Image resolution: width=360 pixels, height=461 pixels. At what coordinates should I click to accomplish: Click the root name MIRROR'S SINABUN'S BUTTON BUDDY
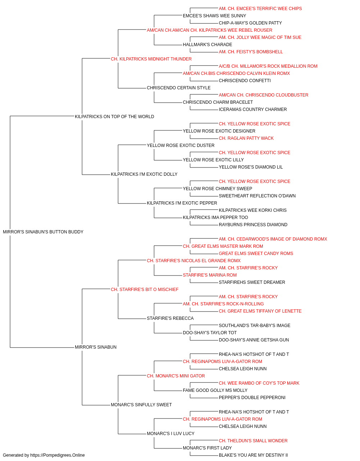(43, 232)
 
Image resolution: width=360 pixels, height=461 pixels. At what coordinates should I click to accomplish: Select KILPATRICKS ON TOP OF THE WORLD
(114, 116)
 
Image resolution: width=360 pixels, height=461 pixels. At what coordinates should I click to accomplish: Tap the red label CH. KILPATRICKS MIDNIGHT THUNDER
(151, 59)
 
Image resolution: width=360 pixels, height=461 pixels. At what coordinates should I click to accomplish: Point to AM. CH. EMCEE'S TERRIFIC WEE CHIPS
(260, 9)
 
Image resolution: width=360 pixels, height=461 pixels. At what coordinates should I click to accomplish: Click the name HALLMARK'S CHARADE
(208, 45)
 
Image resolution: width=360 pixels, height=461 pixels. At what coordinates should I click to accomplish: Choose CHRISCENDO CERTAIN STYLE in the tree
(179, 88)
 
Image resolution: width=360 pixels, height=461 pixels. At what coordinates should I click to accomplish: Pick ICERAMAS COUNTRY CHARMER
(253, 109)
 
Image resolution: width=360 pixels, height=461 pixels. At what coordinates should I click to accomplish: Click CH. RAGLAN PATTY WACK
(246, 138)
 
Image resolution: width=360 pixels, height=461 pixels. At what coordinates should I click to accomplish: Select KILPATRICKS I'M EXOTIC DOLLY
(144, 174)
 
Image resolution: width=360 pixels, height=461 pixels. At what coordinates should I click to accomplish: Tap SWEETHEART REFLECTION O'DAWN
(257, 196)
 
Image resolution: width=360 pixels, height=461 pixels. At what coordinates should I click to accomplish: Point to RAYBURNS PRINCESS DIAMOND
(253, 225)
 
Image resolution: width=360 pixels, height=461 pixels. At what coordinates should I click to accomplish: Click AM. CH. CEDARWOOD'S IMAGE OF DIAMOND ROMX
(273, 239)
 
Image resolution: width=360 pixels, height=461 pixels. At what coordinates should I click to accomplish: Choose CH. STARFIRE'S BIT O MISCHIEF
(145, 290)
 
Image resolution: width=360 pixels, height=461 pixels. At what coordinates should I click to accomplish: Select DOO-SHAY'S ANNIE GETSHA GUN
(254, 340)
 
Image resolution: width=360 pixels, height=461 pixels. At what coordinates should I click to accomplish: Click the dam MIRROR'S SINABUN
(96, 347)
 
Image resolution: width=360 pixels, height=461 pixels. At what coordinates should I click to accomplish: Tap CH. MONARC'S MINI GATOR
(176, 376)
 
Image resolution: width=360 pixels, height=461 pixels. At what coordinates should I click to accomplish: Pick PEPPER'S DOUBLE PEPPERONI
(252, 398)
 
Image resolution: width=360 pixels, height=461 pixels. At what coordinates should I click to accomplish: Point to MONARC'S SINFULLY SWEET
(141, 405)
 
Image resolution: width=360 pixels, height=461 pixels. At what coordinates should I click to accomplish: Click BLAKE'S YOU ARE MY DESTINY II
(253, 455)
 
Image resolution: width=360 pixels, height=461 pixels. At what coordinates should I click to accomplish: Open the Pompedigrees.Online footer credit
(44, 455)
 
